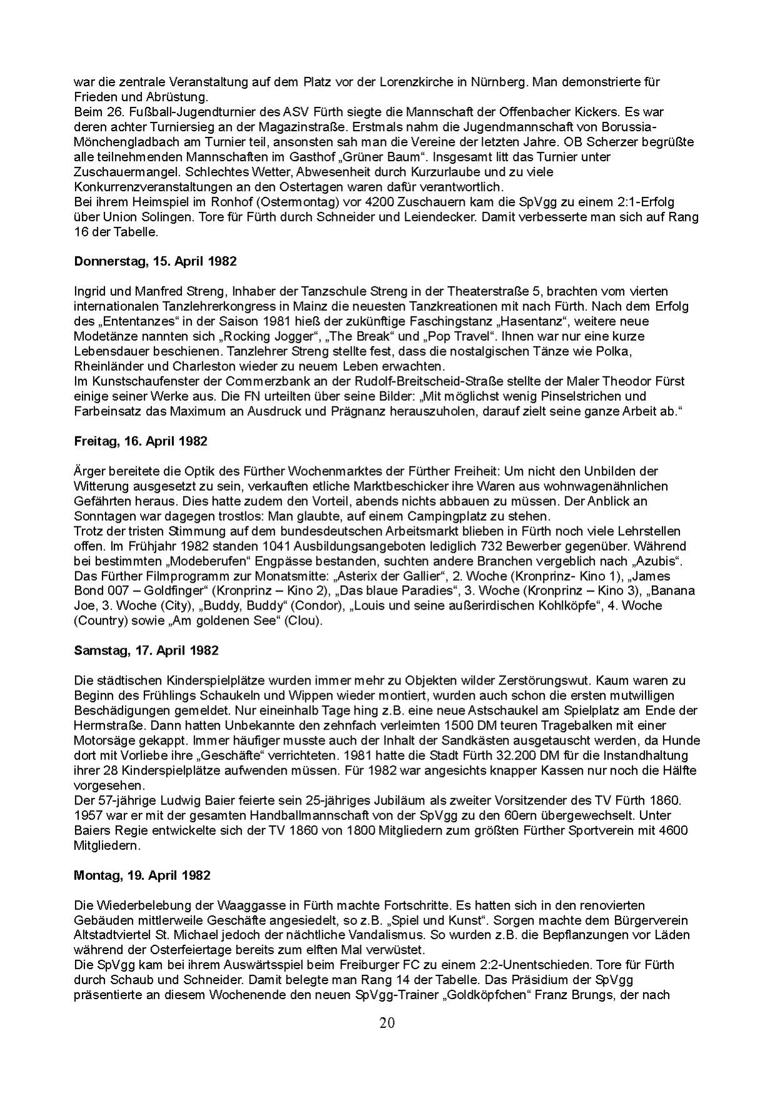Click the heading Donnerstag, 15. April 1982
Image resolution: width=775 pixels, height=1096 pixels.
tap(155, 261)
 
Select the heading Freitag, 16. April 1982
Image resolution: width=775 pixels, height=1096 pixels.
tap(140, 441)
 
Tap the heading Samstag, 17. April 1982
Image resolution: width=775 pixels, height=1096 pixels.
tap(146, 650)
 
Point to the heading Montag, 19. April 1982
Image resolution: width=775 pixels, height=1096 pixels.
tap(142, 875)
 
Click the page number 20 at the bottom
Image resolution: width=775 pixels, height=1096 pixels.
tap(387, 1023)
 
